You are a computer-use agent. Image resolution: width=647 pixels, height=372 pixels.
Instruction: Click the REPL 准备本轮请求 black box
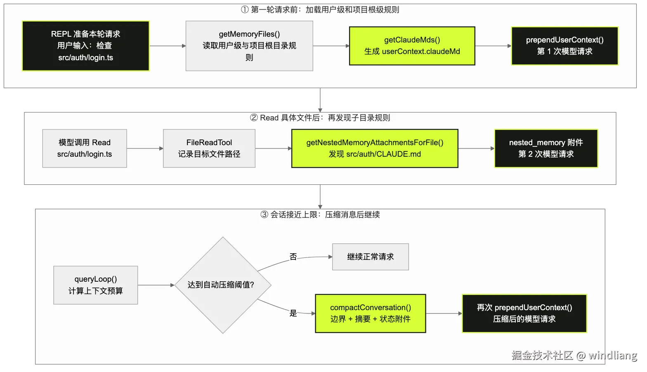pos(86,46)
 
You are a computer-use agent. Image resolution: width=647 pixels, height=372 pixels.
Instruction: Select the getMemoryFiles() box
pos(249,46)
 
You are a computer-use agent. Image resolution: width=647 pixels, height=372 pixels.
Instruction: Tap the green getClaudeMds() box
pos(412,46)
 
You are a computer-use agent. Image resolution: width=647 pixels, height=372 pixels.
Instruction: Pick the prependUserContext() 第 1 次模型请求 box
pos(564,46)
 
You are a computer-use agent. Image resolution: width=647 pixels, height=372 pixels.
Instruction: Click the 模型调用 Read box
pos(85,148)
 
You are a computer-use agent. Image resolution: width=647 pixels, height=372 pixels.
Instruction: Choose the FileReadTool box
pos(209,148)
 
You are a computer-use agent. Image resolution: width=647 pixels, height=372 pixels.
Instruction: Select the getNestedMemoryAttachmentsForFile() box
pos(375,148)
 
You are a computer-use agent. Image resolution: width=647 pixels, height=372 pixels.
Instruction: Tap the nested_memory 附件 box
pos(546,148)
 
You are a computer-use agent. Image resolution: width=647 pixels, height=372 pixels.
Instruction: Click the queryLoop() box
pos(96,285)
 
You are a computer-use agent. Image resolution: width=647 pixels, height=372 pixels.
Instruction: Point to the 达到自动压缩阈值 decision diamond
pos(223,285)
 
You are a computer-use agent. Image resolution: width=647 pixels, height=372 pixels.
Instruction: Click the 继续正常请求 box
pos(370,257)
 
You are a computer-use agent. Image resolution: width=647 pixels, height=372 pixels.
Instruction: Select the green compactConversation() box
pos(370,313)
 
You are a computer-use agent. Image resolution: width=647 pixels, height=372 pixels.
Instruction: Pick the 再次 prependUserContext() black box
pos(524,313)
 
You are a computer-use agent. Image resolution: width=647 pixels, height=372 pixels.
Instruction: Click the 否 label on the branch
pos(293,257)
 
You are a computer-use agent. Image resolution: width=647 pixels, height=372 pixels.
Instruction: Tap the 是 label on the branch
pos(293,313)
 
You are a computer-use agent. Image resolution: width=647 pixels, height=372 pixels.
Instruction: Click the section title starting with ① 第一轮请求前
pos(320,10)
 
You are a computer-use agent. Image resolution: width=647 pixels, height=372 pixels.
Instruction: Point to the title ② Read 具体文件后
pos(320,118)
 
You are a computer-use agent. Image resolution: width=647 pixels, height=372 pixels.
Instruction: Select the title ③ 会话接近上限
pos(320,214)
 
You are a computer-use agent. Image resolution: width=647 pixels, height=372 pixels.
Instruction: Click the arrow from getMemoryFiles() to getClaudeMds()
pos(331,46)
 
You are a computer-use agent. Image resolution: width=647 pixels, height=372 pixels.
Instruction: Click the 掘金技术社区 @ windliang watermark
pos(574,355)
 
